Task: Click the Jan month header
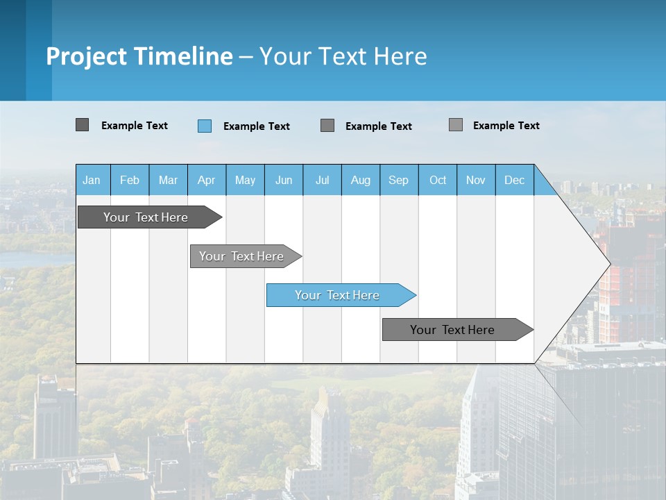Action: point(92,180)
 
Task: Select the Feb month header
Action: point(130,180)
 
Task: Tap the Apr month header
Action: point(207,180)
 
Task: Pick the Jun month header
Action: point(284,180)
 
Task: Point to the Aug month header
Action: point(361,180)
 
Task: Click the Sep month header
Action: point(399,180)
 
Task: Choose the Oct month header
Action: point(438,180)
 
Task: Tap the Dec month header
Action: point(515,180)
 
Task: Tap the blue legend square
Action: point(205,126)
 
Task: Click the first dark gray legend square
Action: point(83,125)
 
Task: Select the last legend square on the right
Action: point(456,125)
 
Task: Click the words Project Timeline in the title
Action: point(139,56)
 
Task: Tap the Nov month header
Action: point(476,180)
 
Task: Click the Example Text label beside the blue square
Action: point(257,126)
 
